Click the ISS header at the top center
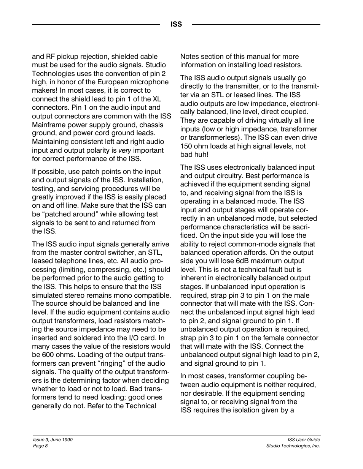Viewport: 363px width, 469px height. click(x=176, y=25)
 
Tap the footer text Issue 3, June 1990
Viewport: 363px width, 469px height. click(x=52, y=440)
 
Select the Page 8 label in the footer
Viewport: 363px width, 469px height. click(x=40, y=446)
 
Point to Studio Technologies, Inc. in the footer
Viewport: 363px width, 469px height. click(x=293, y=446)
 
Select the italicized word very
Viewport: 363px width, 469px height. click(x=125, y=150)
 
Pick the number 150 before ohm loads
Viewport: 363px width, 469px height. click(x=186, y=146)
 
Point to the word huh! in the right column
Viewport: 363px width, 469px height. click(x=202, y=155)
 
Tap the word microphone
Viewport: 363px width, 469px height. click(x=149, y=82)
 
